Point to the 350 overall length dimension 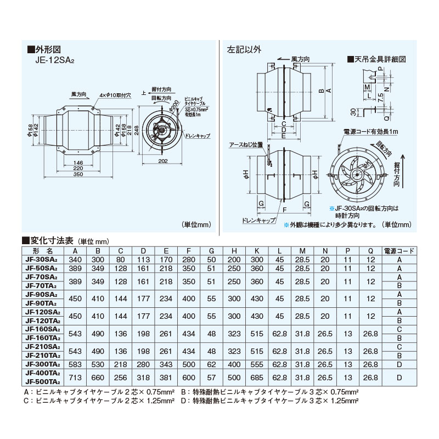point(77,175)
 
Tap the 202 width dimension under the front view point(162,161)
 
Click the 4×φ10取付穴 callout point(112,95)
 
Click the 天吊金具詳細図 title point(379,59)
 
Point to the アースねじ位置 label point(246,145)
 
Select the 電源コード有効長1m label point(370,132)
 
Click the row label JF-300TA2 point(42,364)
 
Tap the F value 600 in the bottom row point(188,378)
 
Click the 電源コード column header point(398,250)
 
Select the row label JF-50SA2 point(42,268)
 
